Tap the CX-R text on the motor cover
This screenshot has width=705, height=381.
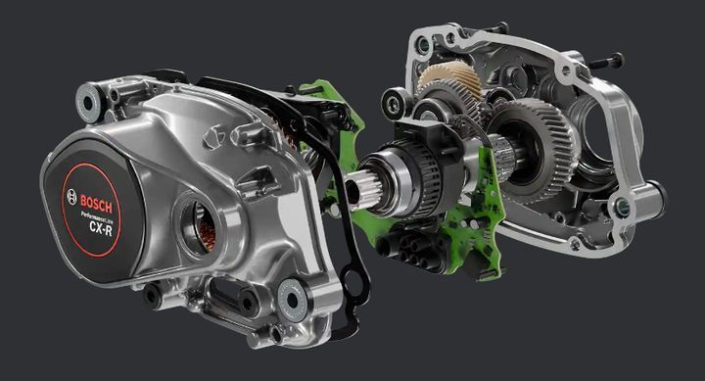[x=101, y=227]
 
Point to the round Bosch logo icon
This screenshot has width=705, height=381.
[x=71, y=197]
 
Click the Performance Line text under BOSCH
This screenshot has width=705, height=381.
[x=96, y=216]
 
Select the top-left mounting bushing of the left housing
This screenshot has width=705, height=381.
[x=88, y=103]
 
